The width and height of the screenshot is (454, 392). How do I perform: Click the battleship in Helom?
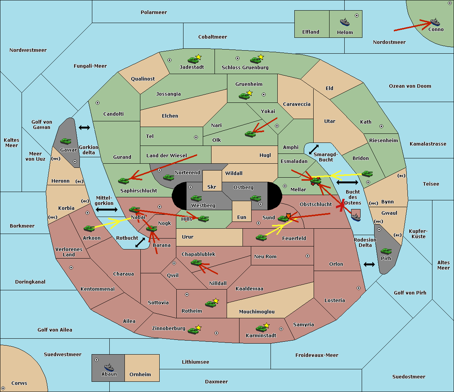click(344, 22)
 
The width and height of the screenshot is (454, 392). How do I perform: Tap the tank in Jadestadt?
click(193, 60)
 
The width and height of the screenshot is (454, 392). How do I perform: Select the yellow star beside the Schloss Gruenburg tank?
click(261, 57)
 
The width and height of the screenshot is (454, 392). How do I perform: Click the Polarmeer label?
click(154, 12)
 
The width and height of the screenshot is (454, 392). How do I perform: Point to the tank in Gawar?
click(65, 141)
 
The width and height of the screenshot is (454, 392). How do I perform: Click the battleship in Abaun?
click(109, 367)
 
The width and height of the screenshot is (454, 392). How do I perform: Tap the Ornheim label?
click(140, 375)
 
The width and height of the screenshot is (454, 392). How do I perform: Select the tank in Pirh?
click(386, 251)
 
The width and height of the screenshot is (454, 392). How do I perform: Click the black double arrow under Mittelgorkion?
click(104, 209)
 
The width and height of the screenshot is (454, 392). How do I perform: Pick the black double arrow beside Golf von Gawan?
click(84, 128)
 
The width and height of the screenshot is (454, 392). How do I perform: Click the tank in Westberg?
click(196, 198)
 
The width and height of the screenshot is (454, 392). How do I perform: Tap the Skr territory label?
click(212, 187)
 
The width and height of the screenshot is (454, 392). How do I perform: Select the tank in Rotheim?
click(210, 304)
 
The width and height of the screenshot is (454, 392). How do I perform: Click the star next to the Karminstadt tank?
click(266, 325)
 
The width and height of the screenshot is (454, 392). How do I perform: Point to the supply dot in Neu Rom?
click(308, 256)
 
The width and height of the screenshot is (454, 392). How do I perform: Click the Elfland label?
click(311, 32)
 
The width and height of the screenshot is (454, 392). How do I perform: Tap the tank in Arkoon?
click(89, 228)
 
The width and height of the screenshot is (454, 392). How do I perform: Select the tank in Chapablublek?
click(196, 262)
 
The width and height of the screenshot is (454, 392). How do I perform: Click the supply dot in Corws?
click(3, 389)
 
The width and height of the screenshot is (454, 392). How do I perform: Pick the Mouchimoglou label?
click(257, 312)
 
